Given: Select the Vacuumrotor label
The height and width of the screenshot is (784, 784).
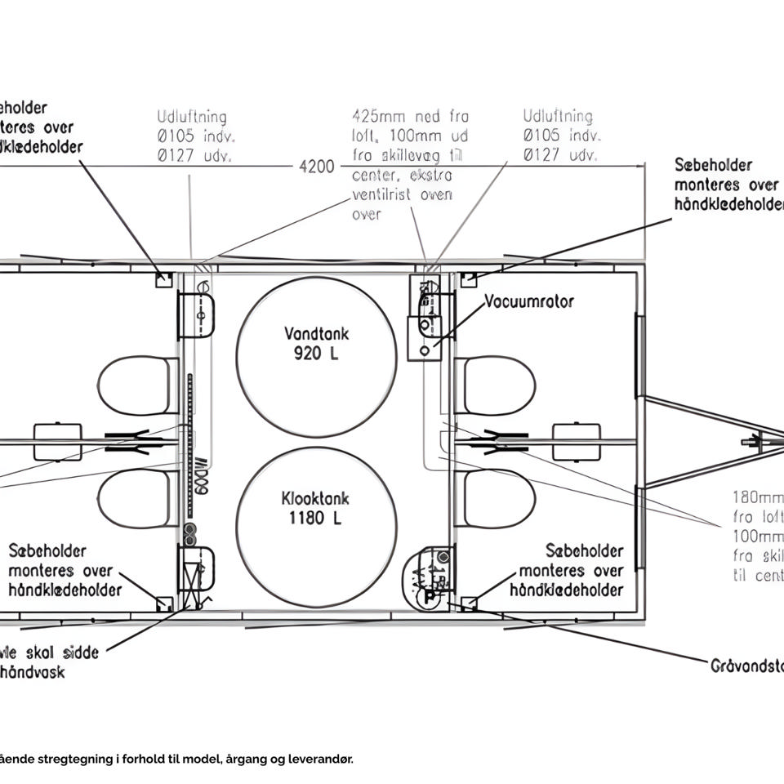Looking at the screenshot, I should (x=529, y=301).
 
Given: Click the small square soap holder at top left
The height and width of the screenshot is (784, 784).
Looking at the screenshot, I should (x=163, y=280).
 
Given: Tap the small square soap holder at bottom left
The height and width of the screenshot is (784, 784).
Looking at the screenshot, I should (x=163, y=604).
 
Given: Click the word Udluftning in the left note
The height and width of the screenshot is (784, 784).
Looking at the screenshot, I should (x=192, y=118).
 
